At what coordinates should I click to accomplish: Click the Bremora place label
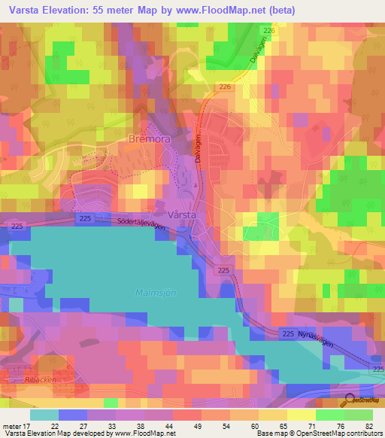point(135,140)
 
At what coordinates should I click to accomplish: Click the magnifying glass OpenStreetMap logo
point(350,400)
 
